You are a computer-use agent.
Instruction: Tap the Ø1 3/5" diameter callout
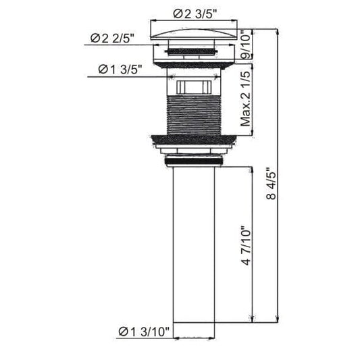tap(120, 70)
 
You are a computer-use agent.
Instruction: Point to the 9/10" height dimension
tap(246, 47)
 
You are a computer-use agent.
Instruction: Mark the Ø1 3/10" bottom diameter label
tap(145, 331)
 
